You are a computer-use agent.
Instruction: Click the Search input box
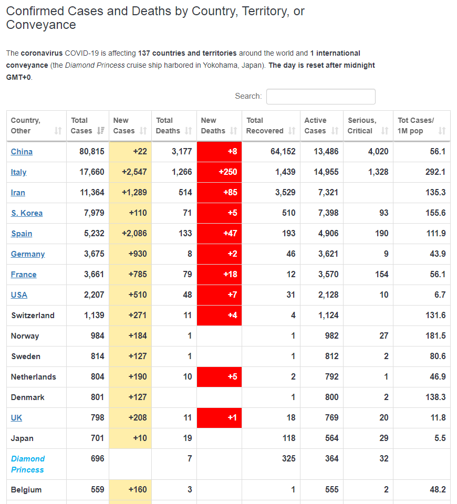click(x=320, y=97)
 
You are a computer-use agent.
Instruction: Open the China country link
click(x=22, y=152)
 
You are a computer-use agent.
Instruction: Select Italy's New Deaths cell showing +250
click(x=219, y=172)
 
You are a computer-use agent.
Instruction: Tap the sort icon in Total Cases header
click(x=101, y=131)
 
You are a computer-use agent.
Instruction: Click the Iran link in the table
click(x=18, y=193)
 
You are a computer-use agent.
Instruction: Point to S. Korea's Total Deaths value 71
click(x=187, y=213)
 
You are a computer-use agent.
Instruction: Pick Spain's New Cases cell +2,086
click(x=130, y=233)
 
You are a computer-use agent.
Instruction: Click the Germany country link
click(x=28, y=254)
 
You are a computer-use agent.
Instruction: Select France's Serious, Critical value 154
click(x=381, y=274)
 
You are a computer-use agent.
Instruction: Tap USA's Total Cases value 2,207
click(x=94, y=295)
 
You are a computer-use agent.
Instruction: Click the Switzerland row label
click(x=33, y=316)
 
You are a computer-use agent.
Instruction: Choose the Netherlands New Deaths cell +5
click(x=219, y=377)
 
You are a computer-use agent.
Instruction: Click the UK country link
click(x=16, y=417)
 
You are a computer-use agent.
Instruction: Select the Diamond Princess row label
click(x=28, y=464)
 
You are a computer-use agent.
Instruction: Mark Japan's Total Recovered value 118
click(x=289, y=438)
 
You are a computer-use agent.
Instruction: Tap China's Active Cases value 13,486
click(x=326, y=151)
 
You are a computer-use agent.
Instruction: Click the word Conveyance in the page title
click(x=41, y=25)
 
